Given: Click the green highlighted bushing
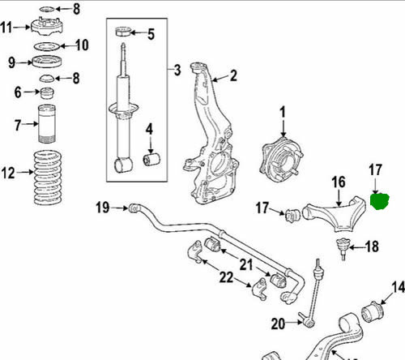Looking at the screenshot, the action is tap(380, 202).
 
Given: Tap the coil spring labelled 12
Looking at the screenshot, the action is tap(48, 178).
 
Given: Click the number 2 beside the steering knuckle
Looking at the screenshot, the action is tap(233, 76).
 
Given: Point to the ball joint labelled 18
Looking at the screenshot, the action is tap(343, 248).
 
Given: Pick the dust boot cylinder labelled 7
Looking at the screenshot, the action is tap(47, 124).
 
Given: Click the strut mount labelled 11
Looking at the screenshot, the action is tap(47, 26).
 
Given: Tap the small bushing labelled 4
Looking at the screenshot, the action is tap(151, 160).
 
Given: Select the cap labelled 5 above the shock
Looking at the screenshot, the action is tap(123, 32).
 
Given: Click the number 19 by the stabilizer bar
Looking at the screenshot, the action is tap(103, 208).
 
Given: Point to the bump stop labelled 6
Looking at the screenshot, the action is tap(47, 93).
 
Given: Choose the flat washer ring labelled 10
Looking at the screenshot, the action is tap(47, 46).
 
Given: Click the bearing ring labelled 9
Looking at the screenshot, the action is tap(47, 62).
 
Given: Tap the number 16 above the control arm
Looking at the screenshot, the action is tap(339, 182).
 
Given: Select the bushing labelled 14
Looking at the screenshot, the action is tap(373, 311).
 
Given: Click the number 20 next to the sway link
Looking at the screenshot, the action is tap(278, 324).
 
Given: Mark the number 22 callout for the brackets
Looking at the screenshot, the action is tap(226, 277).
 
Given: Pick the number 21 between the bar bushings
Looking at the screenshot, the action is tap(246, 264).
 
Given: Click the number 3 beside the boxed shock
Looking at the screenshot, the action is tap(177, 70).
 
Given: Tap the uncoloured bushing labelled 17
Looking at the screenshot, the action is tap(293, 215).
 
